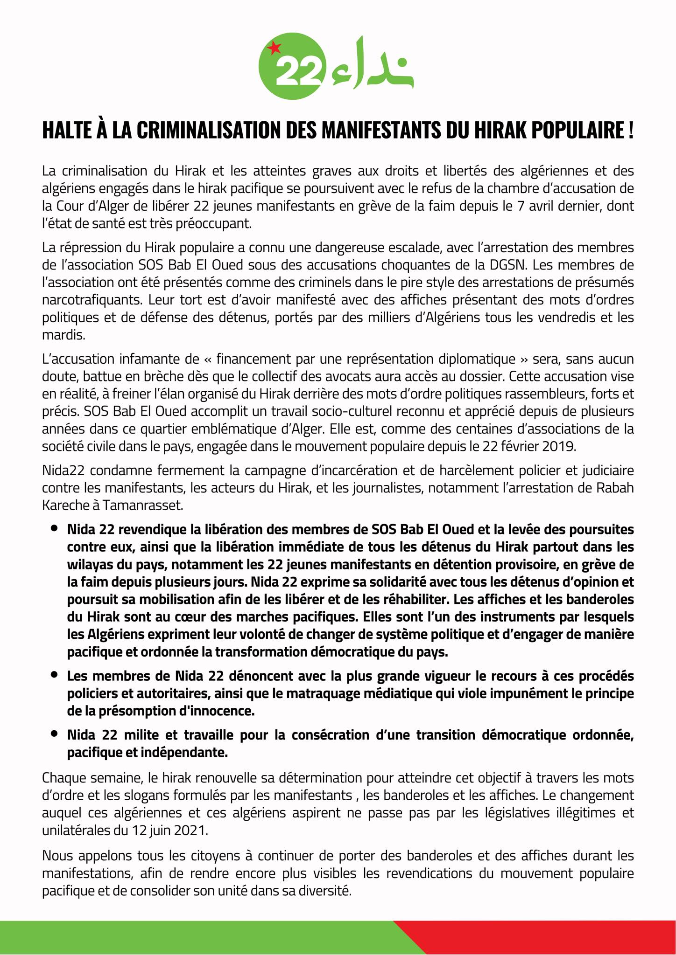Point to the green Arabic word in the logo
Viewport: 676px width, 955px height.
point(369,65)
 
